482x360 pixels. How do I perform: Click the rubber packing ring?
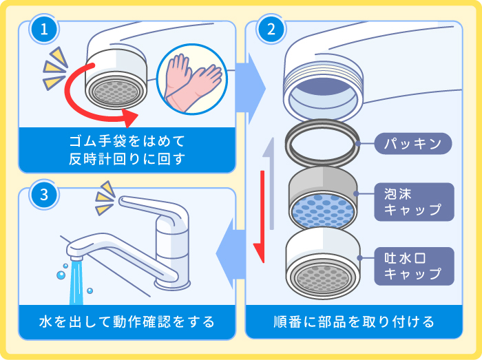tap(322, 145)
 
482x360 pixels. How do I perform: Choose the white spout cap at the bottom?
tap(322, 265)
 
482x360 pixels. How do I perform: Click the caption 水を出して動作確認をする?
tap(127, 321)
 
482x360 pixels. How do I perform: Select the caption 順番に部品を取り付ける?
tap(354, 321)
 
